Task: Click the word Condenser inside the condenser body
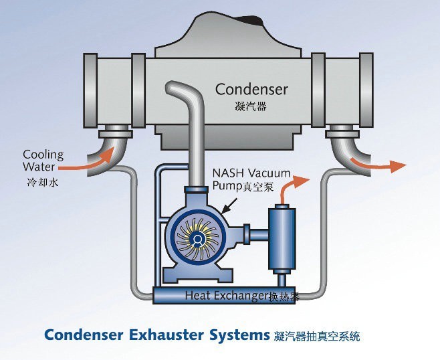(251, 89)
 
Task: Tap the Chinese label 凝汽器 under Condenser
(250, 106)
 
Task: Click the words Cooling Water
(43, 161)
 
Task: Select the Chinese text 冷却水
(43, 183)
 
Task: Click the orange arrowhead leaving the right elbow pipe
(399, 166)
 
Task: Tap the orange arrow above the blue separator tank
(292, 188)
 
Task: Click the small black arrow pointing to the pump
(229, 205)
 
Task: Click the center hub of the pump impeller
(198, 240)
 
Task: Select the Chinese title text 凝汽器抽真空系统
(316, 336)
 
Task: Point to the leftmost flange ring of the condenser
(90, 90)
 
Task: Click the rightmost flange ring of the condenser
(366, 90)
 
